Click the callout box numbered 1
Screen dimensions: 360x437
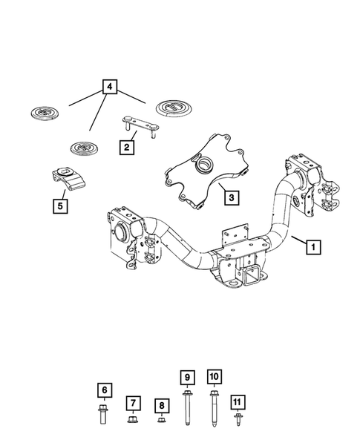(x=313, y=247)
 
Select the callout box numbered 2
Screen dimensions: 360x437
(x=127, y=147)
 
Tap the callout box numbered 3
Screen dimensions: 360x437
(x=232, y=197)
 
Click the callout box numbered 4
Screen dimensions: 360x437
(x=110, y=87)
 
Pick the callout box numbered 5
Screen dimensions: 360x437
(x=60, y=206)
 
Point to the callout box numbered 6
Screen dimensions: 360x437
(x=105, y=390)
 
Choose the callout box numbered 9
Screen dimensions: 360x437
(x=187, y=378)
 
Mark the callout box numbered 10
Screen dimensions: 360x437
(x=215, y=376)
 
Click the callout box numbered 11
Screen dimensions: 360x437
(x=238, y=402)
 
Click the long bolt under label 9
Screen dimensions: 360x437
(x=187, y=408)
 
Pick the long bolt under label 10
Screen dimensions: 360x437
(x=214, y=409)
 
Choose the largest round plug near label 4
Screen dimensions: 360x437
(x=174, y=108)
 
